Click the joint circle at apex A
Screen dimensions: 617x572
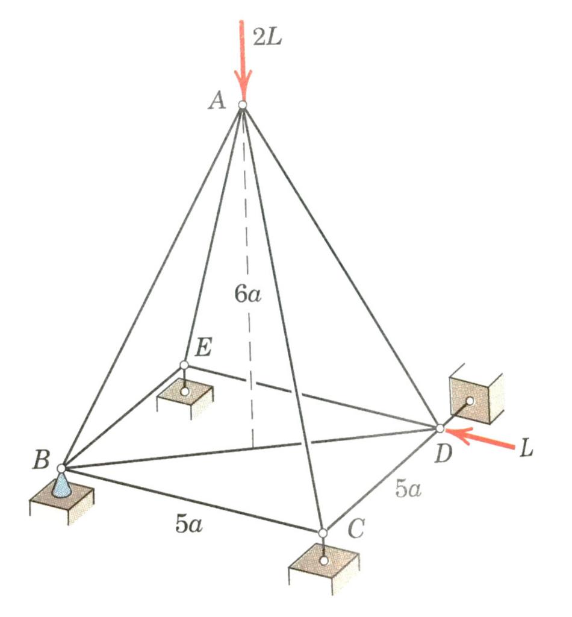coord(242,105)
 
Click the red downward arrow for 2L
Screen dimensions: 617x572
coord(243,60)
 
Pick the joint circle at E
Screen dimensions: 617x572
coord(184,365)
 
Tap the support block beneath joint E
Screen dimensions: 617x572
coord(185,396)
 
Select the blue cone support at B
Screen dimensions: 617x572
coord(61,484)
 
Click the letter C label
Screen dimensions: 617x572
coord(355,531)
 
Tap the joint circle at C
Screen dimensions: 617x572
coord(323,533)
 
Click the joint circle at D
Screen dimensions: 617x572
coord(440,428)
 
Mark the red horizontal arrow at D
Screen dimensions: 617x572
coord(482,439)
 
